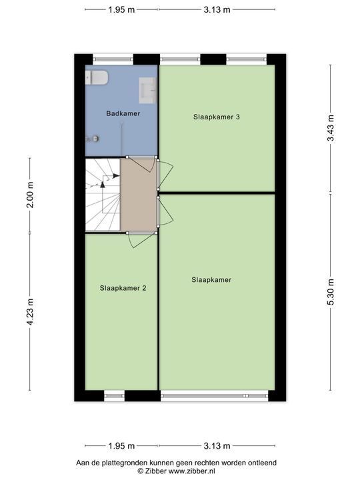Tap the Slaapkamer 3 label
tap(217, 117)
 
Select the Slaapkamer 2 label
tap(123, 288)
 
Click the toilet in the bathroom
tap(97, 78)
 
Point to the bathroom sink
tap(148, 90)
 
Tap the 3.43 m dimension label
tap(330, 128)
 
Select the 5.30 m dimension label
tap(330, 292)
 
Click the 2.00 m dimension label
tap(30, 195)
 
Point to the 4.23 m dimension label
tap(30, 311)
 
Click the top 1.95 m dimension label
tap(121, 10)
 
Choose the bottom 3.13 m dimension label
tap(217, 446)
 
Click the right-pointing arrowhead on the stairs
tap(116, 176)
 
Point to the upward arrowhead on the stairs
tap(103, 184)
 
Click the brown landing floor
tap(139, 195)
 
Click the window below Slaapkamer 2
tap(114, 396)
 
